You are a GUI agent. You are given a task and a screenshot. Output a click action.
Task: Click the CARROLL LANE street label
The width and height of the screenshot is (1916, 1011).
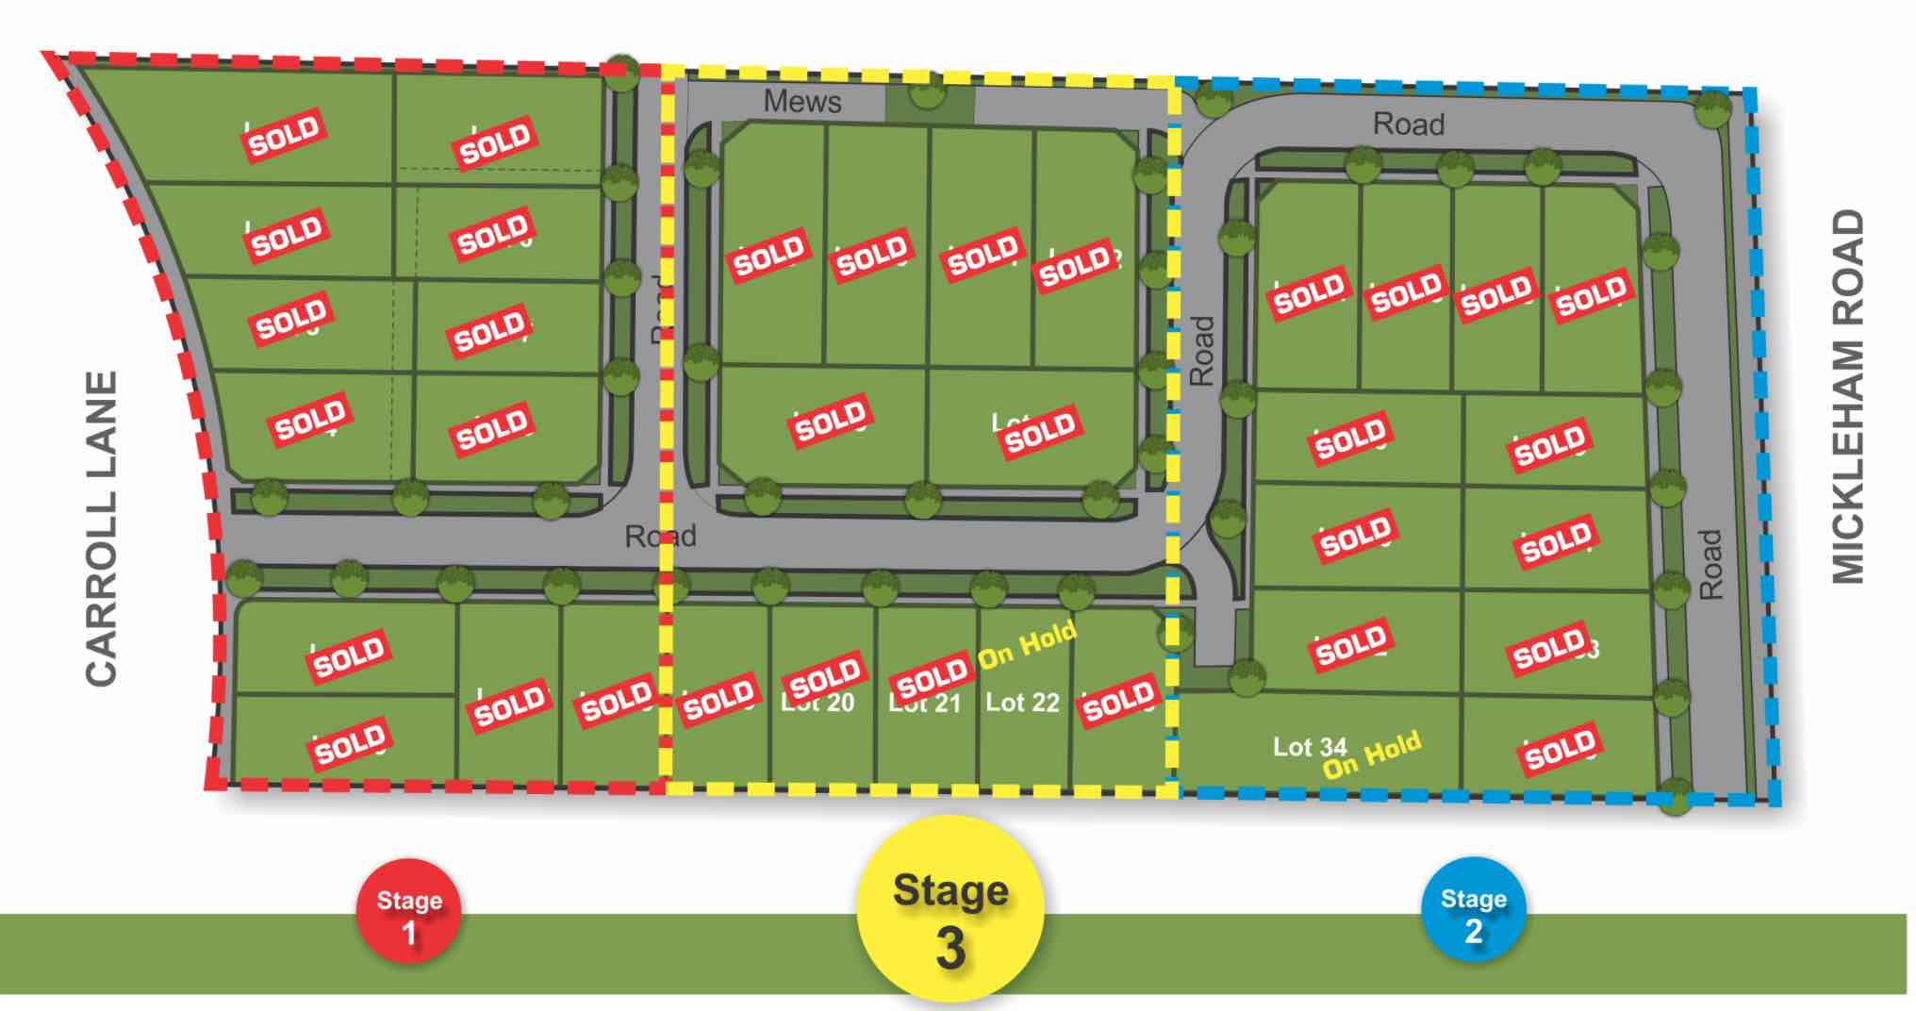click(101, 528)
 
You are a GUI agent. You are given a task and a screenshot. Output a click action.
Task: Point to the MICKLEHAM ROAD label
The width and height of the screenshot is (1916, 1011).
click(1847, 396)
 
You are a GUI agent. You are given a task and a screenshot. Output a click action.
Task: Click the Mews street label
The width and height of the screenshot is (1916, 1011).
click(802, 101)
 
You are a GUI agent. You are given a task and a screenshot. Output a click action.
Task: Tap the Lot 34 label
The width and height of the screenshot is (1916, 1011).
click(1309, 747)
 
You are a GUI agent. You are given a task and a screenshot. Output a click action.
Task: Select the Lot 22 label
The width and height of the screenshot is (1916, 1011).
click(1022, 703)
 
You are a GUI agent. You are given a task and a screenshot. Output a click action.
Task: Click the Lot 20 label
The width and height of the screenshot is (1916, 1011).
click(818, 704)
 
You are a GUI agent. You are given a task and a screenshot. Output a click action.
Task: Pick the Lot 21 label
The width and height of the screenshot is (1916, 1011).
click(924, 704)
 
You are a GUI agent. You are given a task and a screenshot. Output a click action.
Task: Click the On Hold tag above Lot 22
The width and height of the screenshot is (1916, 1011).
click(1027, 646)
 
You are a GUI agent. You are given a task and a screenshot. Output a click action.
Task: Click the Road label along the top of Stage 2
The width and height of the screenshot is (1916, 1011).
click(1408, 124)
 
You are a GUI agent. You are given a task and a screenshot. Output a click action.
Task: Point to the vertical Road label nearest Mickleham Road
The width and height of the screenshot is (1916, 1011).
click(1710, 563)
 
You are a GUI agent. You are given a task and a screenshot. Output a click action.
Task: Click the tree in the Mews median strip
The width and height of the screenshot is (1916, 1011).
click(928, 91)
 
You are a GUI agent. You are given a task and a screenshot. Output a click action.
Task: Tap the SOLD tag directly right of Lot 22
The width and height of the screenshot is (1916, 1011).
click(1119, 700)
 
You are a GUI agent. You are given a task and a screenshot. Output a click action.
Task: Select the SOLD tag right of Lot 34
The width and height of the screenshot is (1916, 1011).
click(1560, 749)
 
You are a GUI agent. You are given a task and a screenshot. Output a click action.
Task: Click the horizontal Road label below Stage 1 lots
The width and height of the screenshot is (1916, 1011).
click(660, 537)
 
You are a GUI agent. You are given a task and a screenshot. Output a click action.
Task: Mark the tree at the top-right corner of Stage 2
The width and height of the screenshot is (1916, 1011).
click(1711, 109)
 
